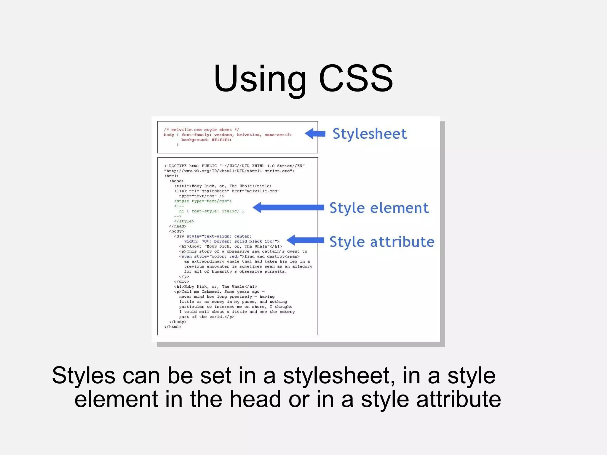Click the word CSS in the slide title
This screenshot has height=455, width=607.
[x=356, y=79]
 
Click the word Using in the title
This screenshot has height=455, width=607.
[x=260, y=79]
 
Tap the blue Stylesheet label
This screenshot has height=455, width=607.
[x=369, y=134]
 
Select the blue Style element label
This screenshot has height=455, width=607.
[x=379, y=208]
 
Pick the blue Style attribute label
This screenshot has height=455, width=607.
[x=382, y=242]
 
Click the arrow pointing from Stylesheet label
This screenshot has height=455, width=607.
[x=315, y=134]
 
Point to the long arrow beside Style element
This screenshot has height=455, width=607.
[x=288, y=207]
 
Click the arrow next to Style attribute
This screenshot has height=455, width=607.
[x=305, y=240]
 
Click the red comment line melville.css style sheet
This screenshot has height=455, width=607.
[x=201, y=130]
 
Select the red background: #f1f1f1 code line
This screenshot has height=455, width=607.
[x=206, y=140]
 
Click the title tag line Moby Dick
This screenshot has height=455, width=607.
[x=223, y=186]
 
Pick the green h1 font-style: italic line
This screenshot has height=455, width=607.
[x=211, y=211]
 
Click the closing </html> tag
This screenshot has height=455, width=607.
[x=172, y=327]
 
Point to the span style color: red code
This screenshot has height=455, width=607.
[x=211, y=257]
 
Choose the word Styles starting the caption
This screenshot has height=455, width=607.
[x=84, y=376]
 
